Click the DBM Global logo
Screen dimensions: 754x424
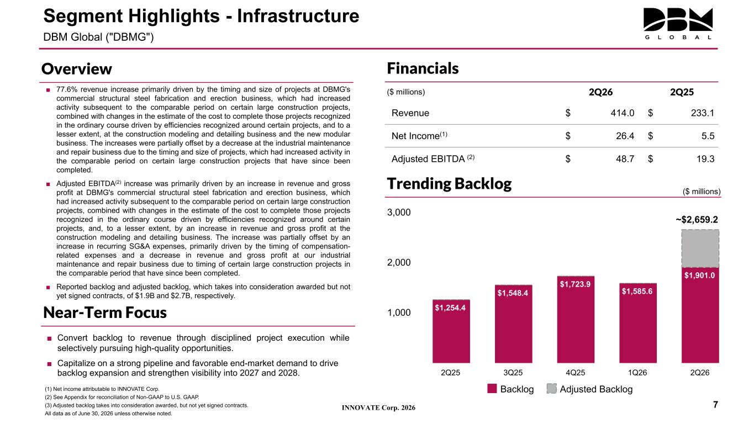(678, 24)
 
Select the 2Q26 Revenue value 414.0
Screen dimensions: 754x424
(623, 113)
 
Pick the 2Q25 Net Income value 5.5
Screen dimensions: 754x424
(708, 136)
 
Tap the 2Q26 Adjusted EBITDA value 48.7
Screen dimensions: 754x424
(625, 159)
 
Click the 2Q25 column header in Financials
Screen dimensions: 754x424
(682, 92)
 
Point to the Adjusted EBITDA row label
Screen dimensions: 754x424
(433, 158)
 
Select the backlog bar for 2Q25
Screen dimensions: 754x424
(451, 331)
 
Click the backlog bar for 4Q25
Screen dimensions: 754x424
(576, 319)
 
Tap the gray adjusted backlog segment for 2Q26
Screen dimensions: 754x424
(700, 248)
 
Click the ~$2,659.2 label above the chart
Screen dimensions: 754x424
(697, 220)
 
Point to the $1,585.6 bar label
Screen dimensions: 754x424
(637, 291)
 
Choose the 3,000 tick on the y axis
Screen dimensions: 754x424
(399, 213)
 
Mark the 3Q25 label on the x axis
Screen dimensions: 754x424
(513, 373)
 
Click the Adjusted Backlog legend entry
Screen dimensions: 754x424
(590, 389)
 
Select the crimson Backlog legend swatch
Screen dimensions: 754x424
(492, 389)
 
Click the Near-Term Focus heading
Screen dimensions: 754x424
(105, 312)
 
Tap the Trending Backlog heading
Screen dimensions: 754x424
(450, 184)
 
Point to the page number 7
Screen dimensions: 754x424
(716, 405)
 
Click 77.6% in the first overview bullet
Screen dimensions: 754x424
(67, 89)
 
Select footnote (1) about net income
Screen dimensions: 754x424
(102, 389)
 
